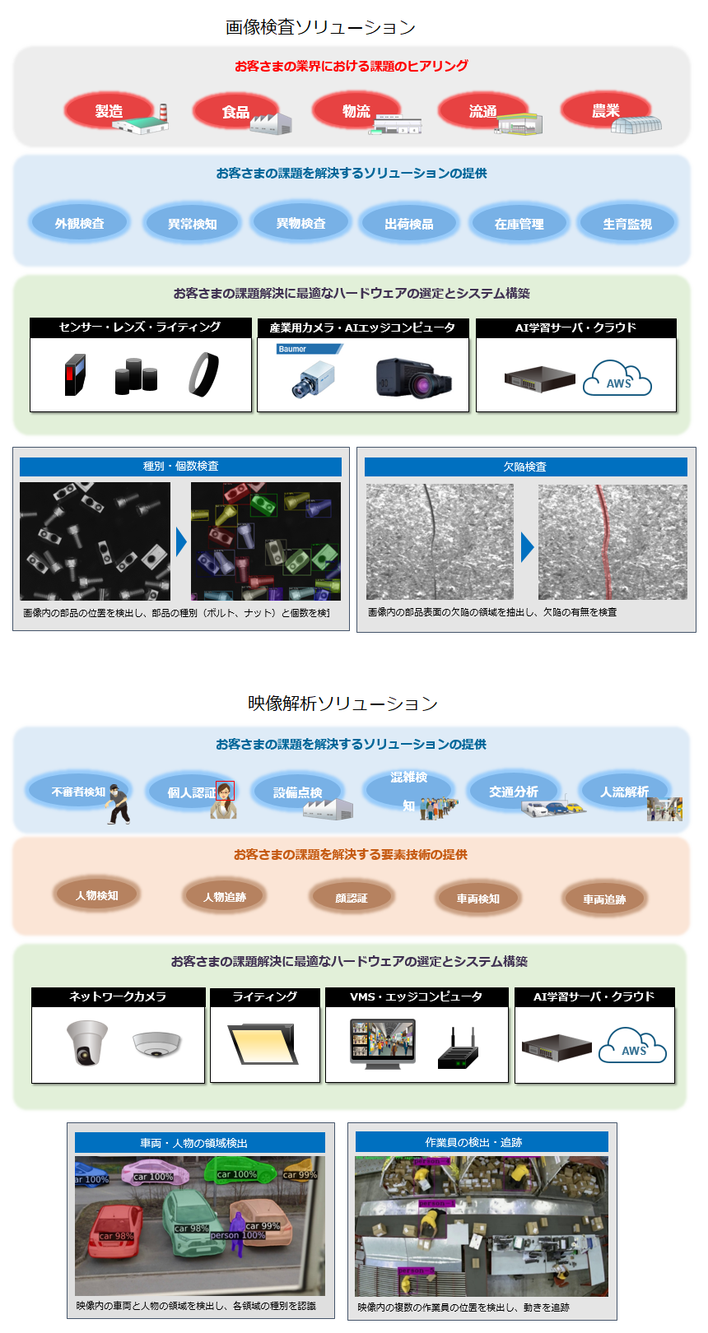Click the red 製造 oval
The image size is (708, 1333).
tap(109, 111)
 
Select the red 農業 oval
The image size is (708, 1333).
tap(605, 110)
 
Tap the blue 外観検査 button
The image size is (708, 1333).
tap(80, 223)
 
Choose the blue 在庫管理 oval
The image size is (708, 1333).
tap(519, 223)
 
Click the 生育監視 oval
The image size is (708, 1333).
tap(627, 223)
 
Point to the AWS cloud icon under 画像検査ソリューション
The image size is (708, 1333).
tap(617, 379)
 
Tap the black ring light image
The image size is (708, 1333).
tap(203, 374)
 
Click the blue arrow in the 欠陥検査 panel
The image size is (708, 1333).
tap(527, 547)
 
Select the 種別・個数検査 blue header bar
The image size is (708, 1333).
tap(180, 467)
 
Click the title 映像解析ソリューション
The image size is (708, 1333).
tap(342, 704)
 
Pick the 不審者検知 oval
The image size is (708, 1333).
tap(78, 792)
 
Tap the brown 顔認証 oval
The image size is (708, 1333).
tap(352, 898)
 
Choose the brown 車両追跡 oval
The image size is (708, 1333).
tap(604, 899)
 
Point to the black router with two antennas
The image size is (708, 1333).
tap(458, 1050)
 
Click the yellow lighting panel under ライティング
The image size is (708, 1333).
tap(263, 1043)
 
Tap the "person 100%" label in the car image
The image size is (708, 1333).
tap(237, 1235)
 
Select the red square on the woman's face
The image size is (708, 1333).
tap(225, 791)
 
